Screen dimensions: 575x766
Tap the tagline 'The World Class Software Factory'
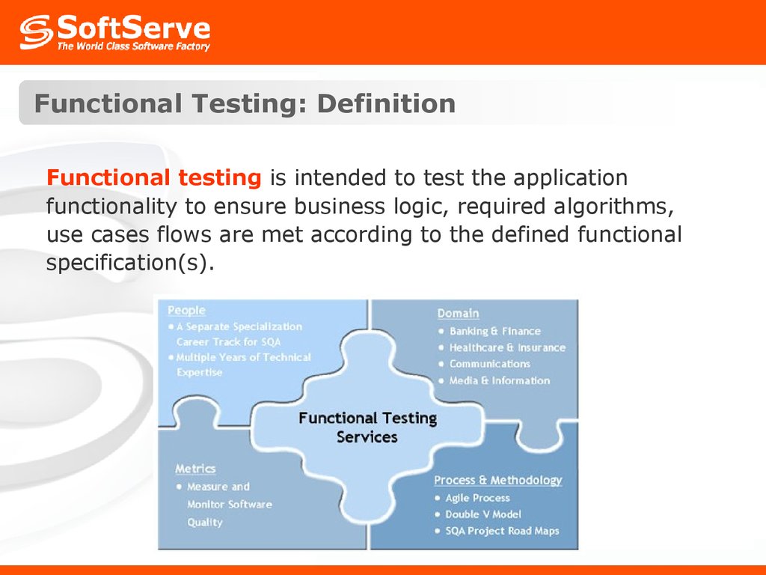133,47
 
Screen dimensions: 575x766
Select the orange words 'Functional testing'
153,178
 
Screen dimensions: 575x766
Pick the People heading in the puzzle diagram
186,310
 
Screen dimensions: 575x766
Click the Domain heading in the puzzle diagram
458,313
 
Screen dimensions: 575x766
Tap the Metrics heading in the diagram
195,469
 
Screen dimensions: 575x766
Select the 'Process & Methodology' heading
498,480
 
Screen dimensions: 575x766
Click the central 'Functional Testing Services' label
367,428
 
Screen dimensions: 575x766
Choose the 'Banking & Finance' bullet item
494,331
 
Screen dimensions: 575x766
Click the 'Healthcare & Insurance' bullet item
507,347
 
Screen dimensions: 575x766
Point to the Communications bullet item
489,364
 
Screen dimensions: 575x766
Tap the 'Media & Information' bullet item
499,380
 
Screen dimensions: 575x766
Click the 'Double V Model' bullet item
483,514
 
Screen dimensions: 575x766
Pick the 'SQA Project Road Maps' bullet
502,531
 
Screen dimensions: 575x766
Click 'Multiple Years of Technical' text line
243,357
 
